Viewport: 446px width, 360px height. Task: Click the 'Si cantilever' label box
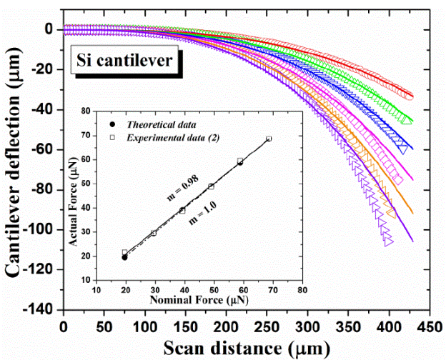pos(124,61)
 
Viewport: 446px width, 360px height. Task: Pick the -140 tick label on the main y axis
pos(42,309)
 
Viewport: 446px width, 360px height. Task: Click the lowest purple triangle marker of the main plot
pos(388,242)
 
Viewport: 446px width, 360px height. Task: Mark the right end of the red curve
pos(410,96)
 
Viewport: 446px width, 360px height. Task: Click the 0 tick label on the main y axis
pos(50,30)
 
